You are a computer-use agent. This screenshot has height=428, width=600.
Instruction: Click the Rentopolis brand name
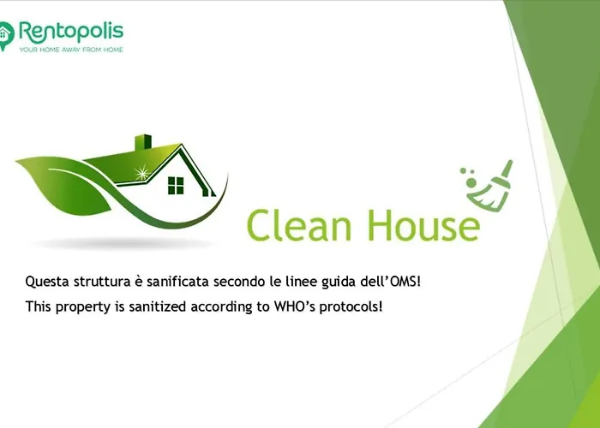[71, 33]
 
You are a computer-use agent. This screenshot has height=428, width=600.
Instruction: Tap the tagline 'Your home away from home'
[71, 50]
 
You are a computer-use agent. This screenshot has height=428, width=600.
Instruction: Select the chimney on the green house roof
[143, 142]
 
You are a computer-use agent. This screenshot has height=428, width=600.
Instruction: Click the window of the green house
[176, 186]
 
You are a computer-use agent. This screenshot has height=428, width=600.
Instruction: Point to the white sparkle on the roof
[142, 173]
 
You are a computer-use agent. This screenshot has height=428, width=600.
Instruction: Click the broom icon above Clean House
[487, 185]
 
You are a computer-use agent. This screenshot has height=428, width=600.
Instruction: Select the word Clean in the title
[299, 225]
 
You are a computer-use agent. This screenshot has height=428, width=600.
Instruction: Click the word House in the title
[424, 225]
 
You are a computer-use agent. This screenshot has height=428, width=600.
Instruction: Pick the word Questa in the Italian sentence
[47, 282]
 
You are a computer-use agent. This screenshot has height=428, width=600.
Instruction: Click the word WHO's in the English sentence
[295, 306]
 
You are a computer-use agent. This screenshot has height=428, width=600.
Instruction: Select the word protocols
[351, 306]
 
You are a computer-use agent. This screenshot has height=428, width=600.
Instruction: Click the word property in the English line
[83, 307]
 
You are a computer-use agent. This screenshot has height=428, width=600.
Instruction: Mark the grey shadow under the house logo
[122, 243]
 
